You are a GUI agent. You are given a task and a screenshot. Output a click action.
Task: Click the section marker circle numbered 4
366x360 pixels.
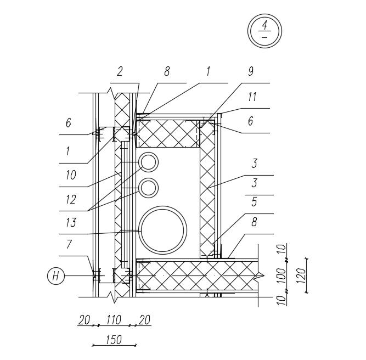pyautogui.click(x=264, y=31)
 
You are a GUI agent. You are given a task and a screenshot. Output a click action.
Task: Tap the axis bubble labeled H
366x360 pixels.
pyautogui.click(x=56, y=276)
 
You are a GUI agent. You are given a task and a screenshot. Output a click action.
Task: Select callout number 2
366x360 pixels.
pyautogui.click(x=120, y=72)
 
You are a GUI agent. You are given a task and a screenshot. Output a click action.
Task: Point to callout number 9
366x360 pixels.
pyautogui.click(x=251, y=72)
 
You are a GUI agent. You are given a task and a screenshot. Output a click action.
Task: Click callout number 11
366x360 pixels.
pyautogui.click(x=252, y=97)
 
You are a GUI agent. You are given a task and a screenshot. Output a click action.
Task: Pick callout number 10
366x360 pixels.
pyautogui.click(x=70, y=176)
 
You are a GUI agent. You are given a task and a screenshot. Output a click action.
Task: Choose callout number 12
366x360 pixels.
pyautogui.click(x=71, y=200)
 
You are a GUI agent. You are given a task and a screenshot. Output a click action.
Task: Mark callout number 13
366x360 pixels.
pyautogui.click(x=71, y=223)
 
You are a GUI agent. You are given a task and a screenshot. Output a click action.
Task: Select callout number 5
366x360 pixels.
pyautogui.click(x=254, y=202)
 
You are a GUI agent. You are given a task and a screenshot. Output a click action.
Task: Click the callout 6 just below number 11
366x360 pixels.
pyautogui.click(x=250, y=121)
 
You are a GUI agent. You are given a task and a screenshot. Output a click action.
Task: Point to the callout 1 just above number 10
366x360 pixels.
pyautogui.click(x=69, y=150)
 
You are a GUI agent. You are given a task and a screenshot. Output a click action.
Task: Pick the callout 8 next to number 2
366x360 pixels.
pyautogui.click(x=167, y=72)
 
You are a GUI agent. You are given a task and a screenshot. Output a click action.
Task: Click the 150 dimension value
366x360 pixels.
pyautogui.click(x=113, y=340)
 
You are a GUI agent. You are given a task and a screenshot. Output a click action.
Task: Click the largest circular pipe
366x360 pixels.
pyautogui.click(x=162, y=230)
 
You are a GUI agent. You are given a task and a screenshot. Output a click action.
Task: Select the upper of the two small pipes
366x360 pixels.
pyautogui.click(x=148, y=162)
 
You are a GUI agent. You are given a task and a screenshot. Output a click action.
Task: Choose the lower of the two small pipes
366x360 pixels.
pyautogui.click(x=148, y=188)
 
